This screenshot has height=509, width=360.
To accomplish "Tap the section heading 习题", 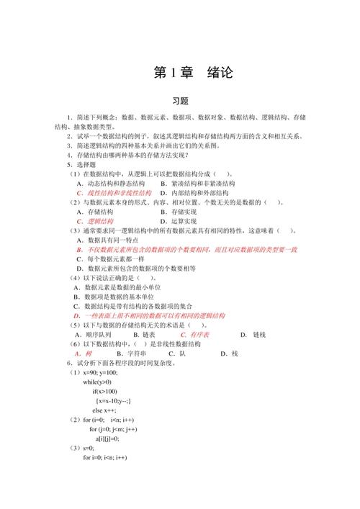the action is [180, 102].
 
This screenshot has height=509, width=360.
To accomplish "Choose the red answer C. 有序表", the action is [195, 335].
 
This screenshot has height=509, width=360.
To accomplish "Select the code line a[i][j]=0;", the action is [107, 438].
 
